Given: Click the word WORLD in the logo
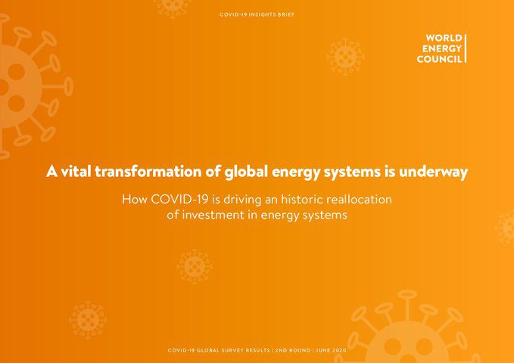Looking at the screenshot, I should click(444, 38).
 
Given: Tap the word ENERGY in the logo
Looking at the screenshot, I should click(442, 48).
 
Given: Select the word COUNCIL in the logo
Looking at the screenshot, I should click(439, 59).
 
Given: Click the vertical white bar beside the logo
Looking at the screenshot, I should click(466, 48).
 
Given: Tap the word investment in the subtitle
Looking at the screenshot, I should click(215, 215).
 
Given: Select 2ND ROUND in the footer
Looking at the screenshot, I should click(290, 351).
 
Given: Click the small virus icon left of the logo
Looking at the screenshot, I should click(344, 57).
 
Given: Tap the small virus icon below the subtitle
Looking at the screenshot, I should click(195, 266).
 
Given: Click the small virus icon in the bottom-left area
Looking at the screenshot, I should click(88, 320).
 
